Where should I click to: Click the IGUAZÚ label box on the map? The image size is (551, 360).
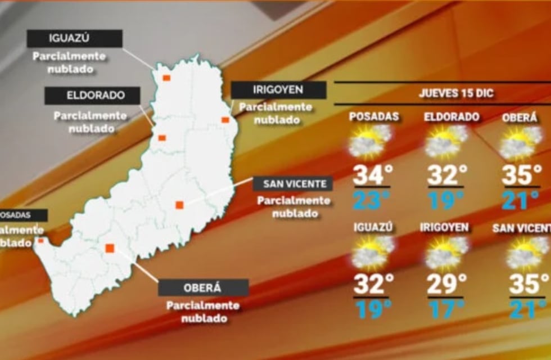[75, 39]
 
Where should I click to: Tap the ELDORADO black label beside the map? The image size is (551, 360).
[93, 96]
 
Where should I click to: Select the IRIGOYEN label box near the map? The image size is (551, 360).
[278, 90]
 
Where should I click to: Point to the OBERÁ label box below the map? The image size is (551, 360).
[203, 287]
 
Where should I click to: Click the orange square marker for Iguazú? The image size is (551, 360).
[166, 78]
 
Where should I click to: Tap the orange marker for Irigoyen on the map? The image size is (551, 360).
[225, 120]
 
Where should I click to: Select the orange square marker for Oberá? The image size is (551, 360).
[110, 248]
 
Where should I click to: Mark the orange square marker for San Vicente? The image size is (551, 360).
[179, 205]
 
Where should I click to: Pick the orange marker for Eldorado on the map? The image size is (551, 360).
[162, 138]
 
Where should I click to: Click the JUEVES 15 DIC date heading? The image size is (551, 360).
[456, 93]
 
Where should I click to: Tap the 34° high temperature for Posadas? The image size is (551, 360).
[371, 175]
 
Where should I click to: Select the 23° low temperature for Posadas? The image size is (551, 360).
[371, 200]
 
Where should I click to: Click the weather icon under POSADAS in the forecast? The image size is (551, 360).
[370, 141]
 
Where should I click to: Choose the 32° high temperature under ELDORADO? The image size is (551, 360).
[447, 175]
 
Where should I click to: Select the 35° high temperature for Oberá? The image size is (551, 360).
[521, 175]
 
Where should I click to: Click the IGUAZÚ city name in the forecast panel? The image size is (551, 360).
[373, 227]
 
